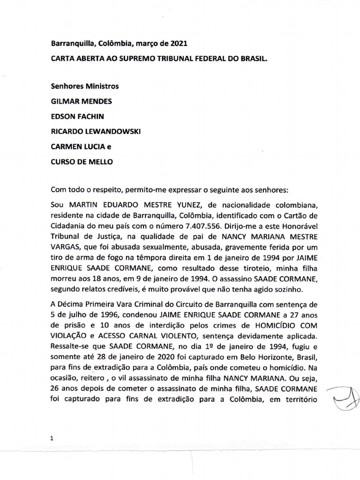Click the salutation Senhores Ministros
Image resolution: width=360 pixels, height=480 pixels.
[85, 86]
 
